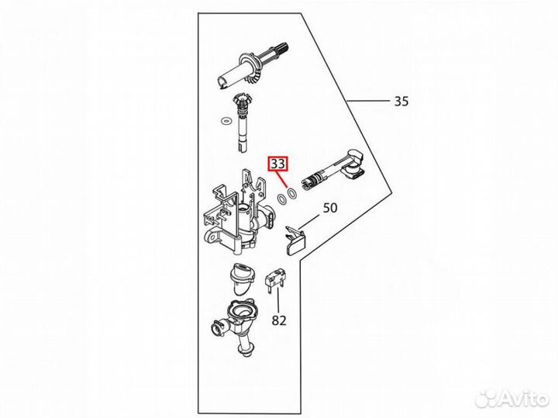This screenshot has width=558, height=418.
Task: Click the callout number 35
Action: click(401, 102)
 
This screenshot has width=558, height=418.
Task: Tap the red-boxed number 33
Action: click(278, 164)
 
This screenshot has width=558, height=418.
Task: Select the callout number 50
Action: click(330, 208)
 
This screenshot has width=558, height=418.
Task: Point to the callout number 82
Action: click(279, 320)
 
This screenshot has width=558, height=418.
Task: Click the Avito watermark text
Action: click(525, 398)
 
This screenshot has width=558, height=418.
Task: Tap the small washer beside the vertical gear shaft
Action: click(226, 121)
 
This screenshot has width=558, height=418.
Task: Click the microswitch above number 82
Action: click(274, 282)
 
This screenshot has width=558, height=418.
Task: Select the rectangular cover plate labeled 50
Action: click(295, 242)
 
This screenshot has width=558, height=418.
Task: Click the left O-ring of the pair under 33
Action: click(282, 199)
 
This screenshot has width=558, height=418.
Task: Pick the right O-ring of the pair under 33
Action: click(292, 193)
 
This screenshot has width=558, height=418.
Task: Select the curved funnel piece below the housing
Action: click(242, 278)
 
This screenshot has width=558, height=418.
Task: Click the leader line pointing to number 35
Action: click(368, 101)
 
